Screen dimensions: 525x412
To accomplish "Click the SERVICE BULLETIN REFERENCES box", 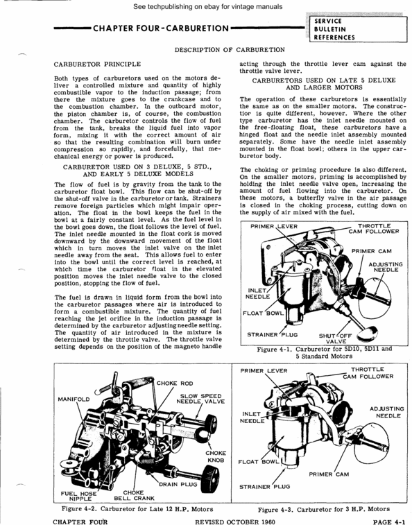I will pyautogui.click(x=336, y=30).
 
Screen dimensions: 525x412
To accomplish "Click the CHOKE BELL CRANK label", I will pyautogui.click(x=133, y=496).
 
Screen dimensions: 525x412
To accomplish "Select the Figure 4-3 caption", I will pyautogui.click(x=323, y=509).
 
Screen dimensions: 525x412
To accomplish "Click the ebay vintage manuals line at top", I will pyautogui.click(x=206, y=7).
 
